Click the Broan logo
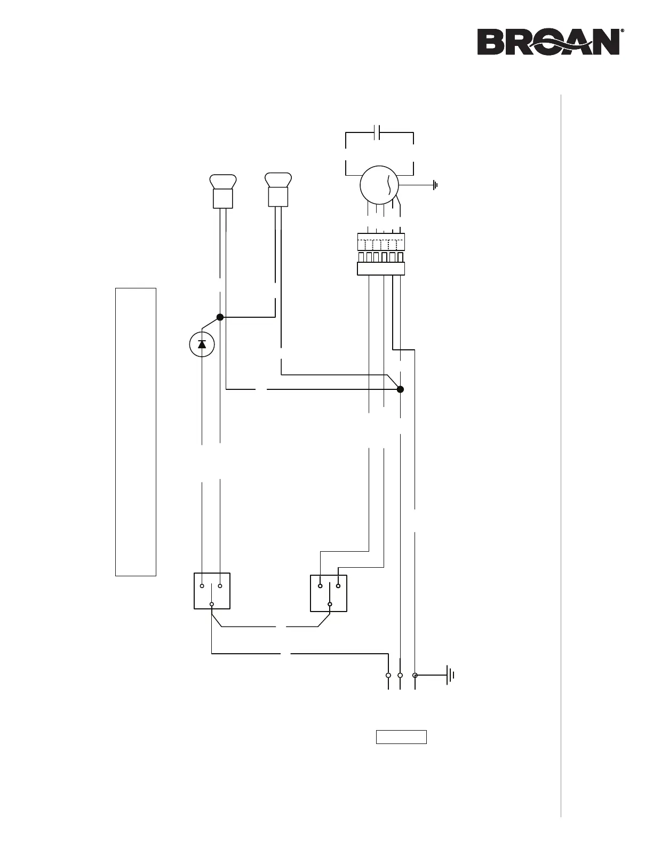[548, 42]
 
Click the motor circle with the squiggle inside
[380, 185]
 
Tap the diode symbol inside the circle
[202, 344]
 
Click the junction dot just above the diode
[220, 317]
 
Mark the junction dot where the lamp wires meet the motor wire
[401, 389]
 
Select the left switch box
[212, 591]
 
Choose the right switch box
[329, 593]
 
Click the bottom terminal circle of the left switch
[212, 605]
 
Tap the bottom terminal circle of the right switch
[330, 605]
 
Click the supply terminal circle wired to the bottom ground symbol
[415, 676]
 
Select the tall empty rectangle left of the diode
[136, 432]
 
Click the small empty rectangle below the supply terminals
[401, 737]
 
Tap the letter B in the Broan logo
[489, 42]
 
